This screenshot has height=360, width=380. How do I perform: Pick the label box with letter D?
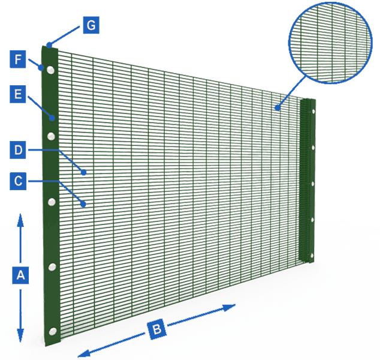19,150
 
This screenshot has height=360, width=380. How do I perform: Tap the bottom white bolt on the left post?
53,331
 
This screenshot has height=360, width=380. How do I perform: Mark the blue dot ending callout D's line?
85,172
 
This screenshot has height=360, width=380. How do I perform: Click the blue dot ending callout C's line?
85,204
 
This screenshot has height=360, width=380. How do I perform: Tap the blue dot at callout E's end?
53,117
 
